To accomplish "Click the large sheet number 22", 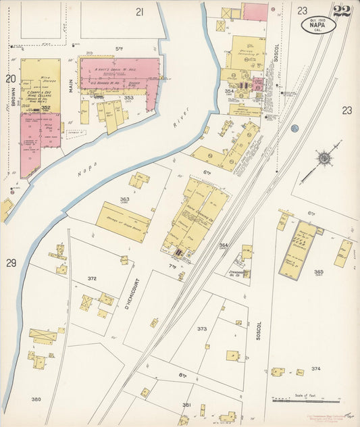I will [341, 10].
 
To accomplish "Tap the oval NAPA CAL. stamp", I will [318, 25].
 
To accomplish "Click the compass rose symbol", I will [325, 157].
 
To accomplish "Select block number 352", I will [45, 107].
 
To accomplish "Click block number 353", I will [129, 97].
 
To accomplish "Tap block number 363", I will [124, 199].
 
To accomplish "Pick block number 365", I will [318, 272].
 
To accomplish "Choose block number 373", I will [202, 328].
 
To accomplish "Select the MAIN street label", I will [70, 84].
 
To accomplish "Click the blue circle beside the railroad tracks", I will [294, 128].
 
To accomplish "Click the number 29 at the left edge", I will [11, 262].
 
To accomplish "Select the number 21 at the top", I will [140, 11].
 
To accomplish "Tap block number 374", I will [315, 369].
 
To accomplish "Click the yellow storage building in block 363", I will [124, 222].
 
